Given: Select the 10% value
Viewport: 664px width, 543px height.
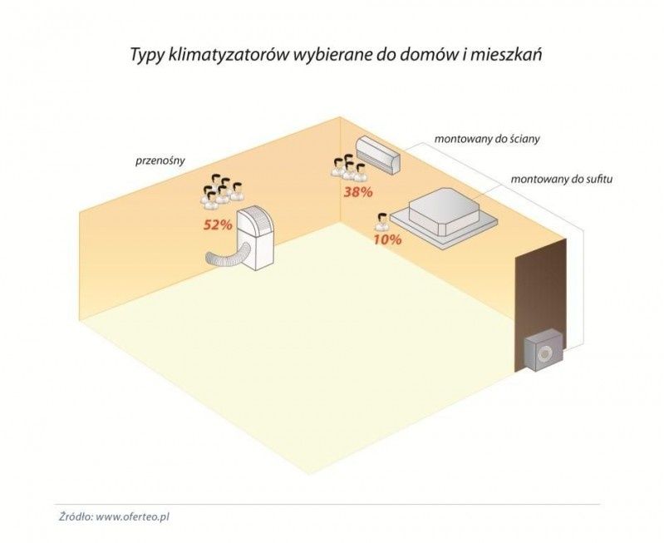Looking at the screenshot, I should coord(387,239).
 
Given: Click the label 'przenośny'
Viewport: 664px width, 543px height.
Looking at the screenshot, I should coord(159,157).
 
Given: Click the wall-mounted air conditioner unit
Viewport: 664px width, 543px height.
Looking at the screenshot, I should coord(378,152).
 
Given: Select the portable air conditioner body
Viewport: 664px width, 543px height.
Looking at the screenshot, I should coord(257,237).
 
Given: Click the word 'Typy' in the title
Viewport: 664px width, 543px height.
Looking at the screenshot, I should coord(146,55).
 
